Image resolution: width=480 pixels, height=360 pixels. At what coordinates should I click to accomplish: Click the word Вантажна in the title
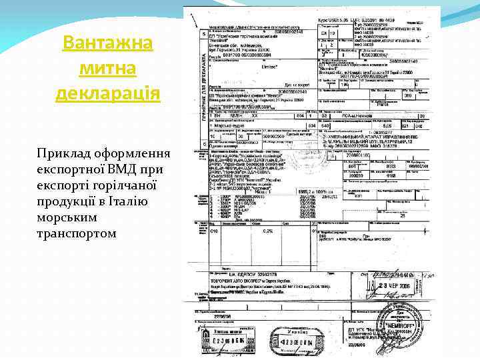pos(108,44)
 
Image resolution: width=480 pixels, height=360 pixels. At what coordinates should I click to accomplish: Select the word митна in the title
pos(108,68)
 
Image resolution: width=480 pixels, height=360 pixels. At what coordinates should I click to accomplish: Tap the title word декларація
pos(108,92)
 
